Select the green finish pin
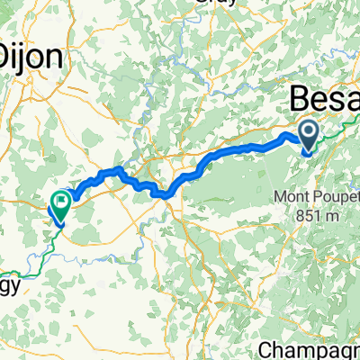(61, 205)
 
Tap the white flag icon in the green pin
(61, 202)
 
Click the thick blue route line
(225, 153)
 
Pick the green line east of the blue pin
(337, 135)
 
